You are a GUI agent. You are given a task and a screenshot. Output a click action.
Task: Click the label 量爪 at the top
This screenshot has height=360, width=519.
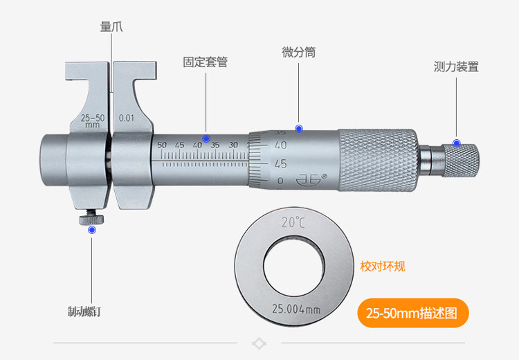click(111, 27)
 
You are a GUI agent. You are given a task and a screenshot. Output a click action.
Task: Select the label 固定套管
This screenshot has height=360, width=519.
click(205, 62)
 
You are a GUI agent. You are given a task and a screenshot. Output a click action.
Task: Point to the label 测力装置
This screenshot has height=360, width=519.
click(456, 67)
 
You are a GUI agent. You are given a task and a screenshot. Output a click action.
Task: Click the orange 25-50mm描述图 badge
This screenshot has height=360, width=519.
click(413, 313)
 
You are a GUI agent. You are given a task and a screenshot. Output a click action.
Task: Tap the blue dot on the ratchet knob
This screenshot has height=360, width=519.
click(456, 143)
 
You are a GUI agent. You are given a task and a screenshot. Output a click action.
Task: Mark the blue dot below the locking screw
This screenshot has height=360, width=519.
click(92, 229)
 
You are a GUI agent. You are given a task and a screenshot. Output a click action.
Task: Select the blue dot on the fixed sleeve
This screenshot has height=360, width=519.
click(206, 138)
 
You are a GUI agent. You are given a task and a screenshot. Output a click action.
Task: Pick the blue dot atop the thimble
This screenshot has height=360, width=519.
click(299, 128)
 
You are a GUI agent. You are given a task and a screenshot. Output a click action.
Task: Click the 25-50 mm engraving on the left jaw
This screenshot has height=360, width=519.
click(93, 120)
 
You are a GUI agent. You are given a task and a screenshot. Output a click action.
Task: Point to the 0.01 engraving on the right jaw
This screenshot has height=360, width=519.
click(127, 118)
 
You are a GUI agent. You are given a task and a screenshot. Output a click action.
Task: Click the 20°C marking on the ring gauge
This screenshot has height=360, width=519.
click(293, 223)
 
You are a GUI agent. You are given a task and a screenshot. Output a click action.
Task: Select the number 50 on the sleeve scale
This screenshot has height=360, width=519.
click(162, 145)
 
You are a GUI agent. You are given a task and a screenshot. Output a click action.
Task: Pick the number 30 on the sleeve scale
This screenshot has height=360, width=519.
click(233, 145)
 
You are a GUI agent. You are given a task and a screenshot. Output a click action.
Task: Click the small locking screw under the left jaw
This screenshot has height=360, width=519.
click(91, 219)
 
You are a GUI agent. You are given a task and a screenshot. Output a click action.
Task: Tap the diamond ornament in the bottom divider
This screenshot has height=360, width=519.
click(259, 343)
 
